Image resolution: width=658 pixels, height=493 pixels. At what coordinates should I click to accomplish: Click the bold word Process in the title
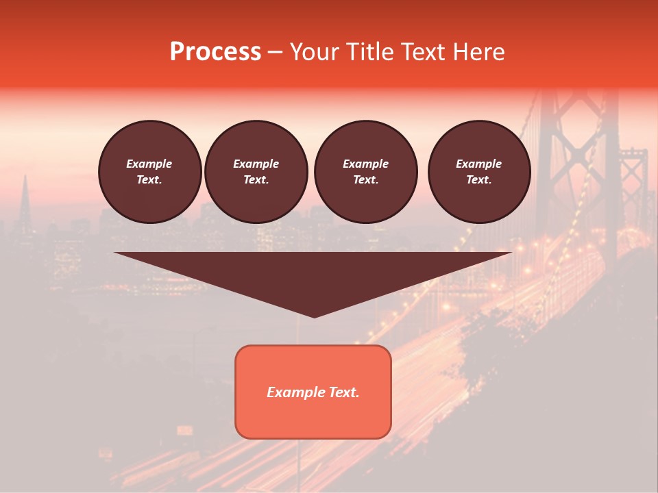pos(215,52)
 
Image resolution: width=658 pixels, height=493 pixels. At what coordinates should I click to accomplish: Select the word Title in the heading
pos(373,52)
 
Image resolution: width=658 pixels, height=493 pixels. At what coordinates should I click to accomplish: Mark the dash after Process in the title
pos(275,53)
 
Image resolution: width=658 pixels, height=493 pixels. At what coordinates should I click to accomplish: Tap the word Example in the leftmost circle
pos(149,164)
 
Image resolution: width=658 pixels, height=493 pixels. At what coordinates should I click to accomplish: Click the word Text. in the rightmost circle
pos(478,179)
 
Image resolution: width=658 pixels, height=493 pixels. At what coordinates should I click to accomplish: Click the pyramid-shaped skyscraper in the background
pos(25,202)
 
